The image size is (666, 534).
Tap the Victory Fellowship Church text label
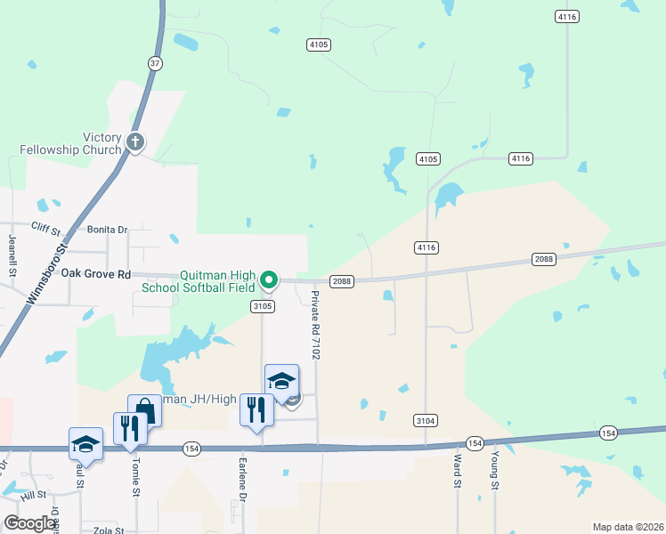tap(102, 143)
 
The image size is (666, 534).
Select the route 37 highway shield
tap(156, 62)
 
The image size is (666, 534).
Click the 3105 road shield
tap(262, 305)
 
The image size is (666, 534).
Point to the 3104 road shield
tap(426, 420)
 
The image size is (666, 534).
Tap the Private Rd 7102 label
tap(315, 325)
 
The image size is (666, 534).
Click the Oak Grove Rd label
tap(96, 274)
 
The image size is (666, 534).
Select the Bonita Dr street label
tap(107, 230)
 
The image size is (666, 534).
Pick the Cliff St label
tap(47, 228)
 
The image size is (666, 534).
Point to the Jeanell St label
tap(12, 255)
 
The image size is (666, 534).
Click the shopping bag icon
tap(144, 411)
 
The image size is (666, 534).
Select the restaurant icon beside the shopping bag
tap(130, 428)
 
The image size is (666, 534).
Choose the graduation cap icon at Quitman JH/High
tap(281, 380)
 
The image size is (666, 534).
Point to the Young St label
tap(495, 471)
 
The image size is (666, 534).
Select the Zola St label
tap(107, 530)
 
